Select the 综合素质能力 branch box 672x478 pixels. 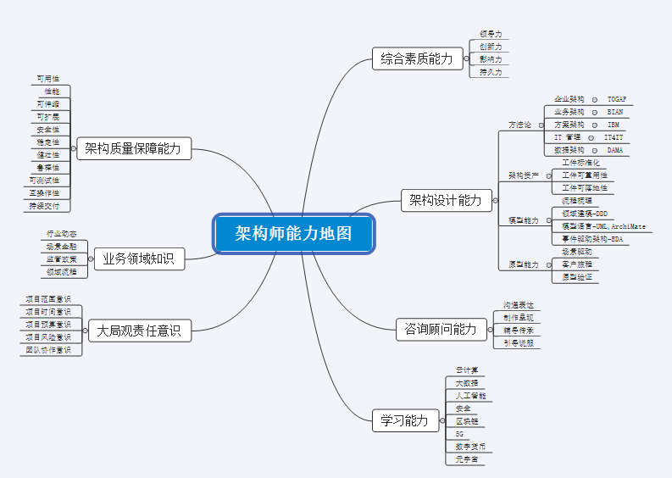pyautogui.click(x=417, y=58)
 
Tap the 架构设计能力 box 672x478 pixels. pyautogui.click(x=445, y=200)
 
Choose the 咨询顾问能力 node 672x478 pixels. pyautogui.click(x=441, y=329)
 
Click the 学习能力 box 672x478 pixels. pyautogui.click(x=405, y=420)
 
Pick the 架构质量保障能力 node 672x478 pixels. pyautogui.click(x=133, y=149)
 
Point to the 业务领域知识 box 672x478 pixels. pyautogui.click(x=139, y=258)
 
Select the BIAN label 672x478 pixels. pyautogui.click(x=615, y=112)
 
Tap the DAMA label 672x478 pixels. pyautogui.click(x=615, y=150)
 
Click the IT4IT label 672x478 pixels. pyautogui.click(x=614, y=137)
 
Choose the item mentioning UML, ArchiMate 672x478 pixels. pyautogui.click(x=603, y=227)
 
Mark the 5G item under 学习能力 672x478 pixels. pyautogui.click(x=459, y=433)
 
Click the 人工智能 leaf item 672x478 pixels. pyautogui.click(x=468, y=396)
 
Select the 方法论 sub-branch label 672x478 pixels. pyautogui.click(x=519, y=125)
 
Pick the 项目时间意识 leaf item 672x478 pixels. pyautogui.click(x=48, y=311)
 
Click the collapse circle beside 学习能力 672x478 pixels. pyautogui.click(x=443, y=420)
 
